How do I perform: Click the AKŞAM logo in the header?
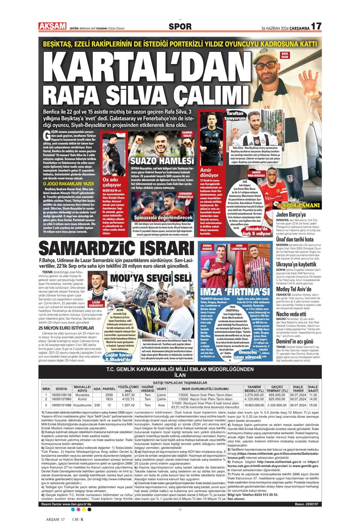point(52,26)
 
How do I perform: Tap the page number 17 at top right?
point(316,26)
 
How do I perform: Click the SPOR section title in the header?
point(180,26)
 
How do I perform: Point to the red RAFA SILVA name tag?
point(285,55)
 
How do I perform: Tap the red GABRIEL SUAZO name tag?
point(187,134)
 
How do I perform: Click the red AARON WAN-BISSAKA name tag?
point(256,174)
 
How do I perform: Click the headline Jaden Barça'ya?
point(291,215)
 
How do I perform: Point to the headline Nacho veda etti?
point(291,314)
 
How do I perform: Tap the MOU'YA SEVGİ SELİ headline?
point(151,278)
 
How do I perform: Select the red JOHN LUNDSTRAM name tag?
point(239,247)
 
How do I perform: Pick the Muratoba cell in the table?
point(82,395)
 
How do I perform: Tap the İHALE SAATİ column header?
point(313,388)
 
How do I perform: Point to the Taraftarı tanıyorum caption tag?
point(235,116)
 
